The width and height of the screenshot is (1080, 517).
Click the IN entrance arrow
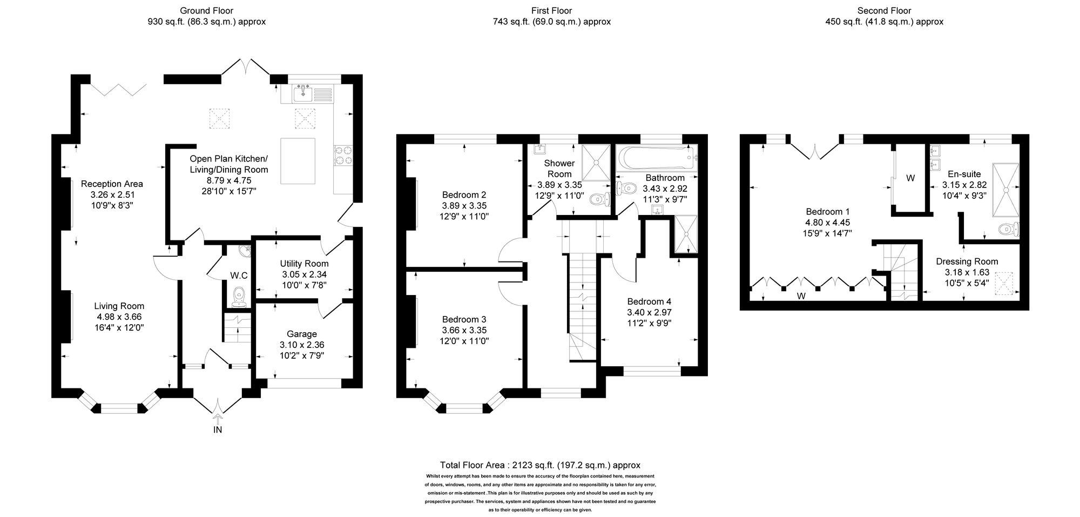point(218,419)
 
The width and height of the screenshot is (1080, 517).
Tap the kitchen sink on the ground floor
point(303,95)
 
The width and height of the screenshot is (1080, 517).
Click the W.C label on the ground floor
point(239,276)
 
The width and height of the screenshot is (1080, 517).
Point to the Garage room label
point(302,334)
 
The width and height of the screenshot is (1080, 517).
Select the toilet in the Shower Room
point(598,199)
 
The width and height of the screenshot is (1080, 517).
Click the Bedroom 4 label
point(649,301)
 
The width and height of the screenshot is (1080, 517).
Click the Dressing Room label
point(967,261)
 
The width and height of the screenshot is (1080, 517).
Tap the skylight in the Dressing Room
point(1006,283)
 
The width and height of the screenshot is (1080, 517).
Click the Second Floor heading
point(884,10)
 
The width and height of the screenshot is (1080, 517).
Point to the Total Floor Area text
point(540,465)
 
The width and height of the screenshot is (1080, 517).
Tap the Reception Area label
point(112,184)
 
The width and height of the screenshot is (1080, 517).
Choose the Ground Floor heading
point(206,10)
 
